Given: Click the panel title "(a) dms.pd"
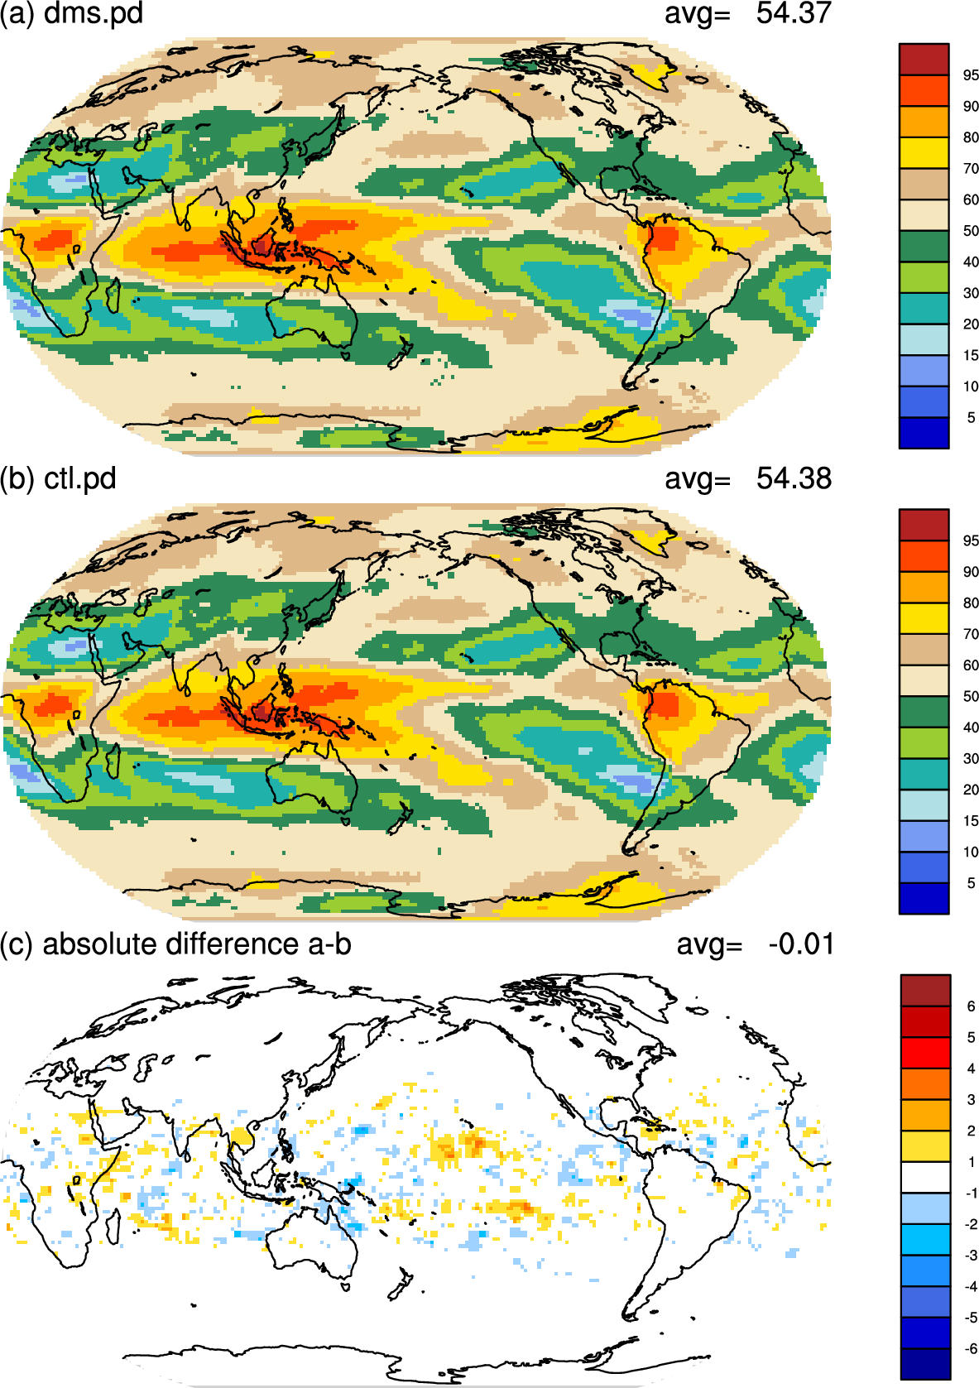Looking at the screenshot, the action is [71, 13].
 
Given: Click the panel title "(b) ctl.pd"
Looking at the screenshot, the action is [58, 479].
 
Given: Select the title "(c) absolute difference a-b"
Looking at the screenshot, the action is [175, 944].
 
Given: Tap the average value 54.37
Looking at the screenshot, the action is [794, 13].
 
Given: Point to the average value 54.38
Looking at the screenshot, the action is [794, 478].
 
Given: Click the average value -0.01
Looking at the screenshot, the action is [801, 944].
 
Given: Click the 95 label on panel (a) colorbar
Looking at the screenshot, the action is [971, 75].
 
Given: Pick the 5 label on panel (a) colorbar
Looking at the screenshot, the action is [971, 418].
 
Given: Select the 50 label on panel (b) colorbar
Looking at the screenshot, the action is [971, 696].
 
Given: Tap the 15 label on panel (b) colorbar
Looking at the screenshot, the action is [971, 821].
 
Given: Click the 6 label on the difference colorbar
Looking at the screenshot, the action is [971, 1006].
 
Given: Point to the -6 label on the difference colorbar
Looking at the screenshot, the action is [970, 1349].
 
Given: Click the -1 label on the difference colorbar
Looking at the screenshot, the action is [970, 1193].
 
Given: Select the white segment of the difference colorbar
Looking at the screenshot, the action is [925, 1177].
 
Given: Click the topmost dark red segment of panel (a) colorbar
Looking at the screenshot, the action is [924, 60].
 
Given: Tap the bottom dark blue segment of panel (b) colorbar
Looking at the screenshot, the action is [924, 899].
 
